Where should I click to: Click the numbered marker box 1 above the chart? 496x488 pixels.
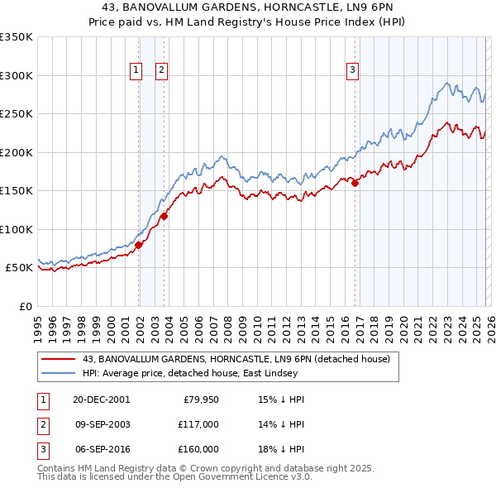(x=135, y=70)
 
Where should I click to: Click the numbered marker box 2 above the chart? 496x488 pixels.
(x=161, y=70)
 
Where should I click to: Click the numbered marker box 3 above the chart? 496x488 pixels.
(x=352, y=70)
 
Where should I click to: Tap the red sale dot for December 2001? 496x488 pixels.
(x=139, y=245)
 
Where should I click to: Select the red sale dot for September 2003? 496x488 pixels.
(x=164, y=217)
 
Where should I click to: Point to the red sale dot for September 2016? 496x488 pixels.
(x=355, y=184)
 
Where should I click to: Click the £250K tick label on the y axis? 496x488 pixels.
(x=17, y=114)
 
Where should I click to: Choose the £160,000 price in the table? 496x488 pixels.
(x=198, y=449)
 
